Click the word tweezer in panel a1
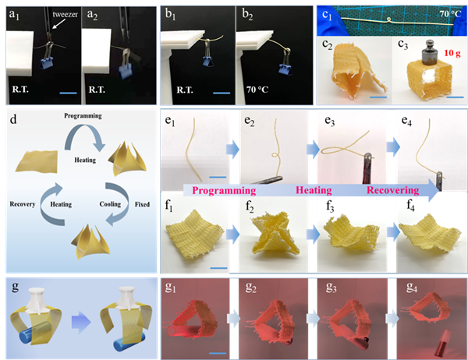point(65,14)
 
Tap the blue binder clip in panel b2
point(285,69)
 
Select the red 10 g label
point(452,53)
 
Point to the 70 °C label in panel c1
point(450,14)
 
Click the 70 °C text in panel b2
point(257,90)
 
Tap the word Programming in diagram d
point(83,116)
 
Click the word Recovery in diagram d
point(23,204)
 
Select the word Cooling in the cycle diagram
point(110,204)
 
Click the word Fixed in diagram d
point(142,204)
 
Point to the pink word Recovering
point(393,190)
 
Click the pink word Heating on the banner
point(314,190)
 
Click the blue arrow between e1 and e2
point(232,149)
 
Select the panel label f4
point(410,206)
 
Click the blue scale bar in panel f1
point(218,268)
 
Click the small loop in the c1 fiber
point(388,20)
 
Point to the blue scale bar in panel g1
point(218,353)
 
